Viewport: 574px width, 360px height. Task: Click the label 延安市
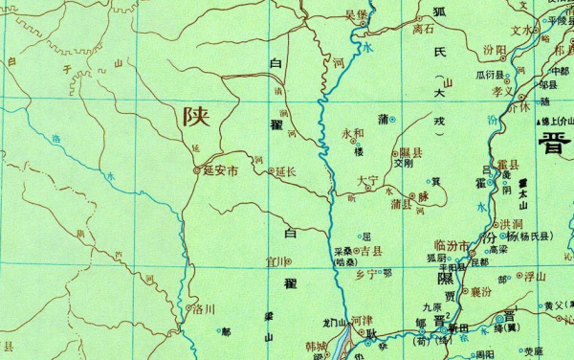click(x=220, y=172)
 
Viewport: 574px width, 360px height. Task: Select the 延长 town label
click(x=285, y=172)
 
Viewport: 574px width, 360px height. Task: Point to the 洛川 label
click(x=204, y=309)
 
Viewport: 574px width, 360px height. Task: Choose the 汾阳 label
click(x=495, y=49)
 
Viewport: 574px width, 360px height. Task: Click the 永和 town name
click(x=353, y=133)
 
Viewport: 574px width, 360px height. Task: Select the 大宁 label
click(x=366, y=179)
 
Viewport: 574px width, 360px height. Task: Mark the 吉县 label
click(x=371, y=250)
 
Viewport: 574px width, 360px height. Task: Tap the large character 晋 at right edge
click(x=555, y=146)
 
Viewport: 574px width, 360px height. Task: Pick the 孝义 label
click(x=503, y=92)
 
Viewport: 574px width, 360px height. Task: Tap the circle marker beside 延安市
click(x=197, y=172)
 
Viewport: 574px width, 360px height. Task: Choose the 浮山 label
click(x=533, y=276)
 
